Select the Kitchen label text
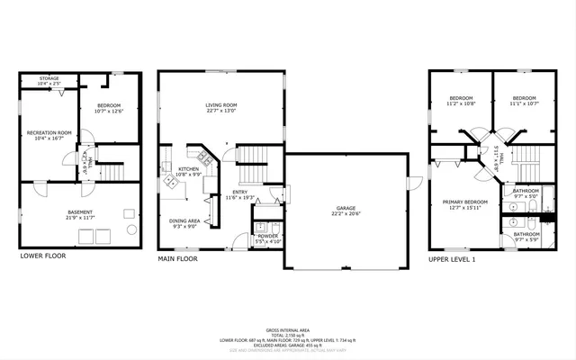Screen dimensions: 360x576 coord(188,169)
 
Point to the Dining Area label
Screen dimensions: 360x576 coord(184,220)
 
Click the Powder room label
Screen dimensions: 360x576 coord(269,237)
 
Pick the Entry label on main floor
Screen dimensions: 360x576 coord(240,193)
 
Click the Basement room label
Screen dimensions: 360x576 coord(79,212)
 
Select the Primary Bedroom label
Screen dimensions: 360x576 coord(464,202)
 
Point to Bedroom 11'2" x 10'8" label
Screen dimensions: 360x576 coord(462,98)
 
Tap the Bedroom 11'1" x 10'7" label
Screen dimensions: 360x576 coord(526,98)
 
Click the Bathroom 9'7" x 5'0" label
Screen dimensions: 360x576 coord(526,190)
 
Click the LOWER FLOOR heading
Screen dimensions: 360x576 coord(43,256)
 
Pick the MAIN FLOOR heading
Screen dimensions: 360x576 coord(178,257)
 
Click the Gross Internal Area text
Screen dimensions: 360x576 coord(287,330)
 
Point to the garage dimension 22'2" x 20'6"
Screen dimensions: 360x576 coord(345,214)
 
